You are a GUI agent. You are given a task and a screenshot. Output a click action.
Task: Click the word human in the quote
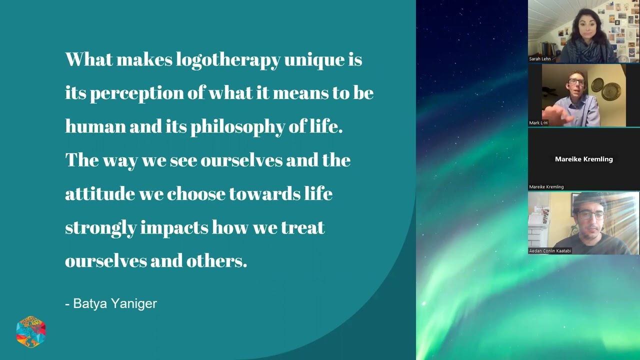tap(95, 127)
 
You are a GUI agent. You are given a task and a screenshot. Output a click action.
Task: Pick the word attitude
tap(99, 194)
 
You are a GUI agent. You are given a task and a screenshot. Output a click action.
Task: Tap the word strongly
tap(100, 228)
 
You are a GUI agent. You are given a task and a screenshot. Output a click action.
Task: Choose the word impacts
tap(174, 228)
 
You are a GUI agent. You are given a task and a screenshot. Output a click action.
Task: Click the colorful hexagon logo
tap(31, 331)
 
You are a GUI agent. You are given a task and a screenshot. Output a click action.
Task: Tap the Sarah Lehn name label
tap(539, 59)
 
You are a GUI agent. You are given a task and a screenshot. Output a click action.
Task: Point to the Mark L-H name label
tap(538, 123)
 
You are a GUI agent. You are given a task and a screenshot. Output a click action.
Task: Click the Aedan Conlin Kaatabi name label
tap(550, 251)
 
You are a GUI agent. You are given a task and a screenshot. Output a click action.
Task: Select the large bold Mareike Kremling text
tap(583, 159)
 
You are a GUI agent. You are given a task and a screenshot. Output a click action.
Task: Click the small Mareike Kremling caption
tap(546, 187)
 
